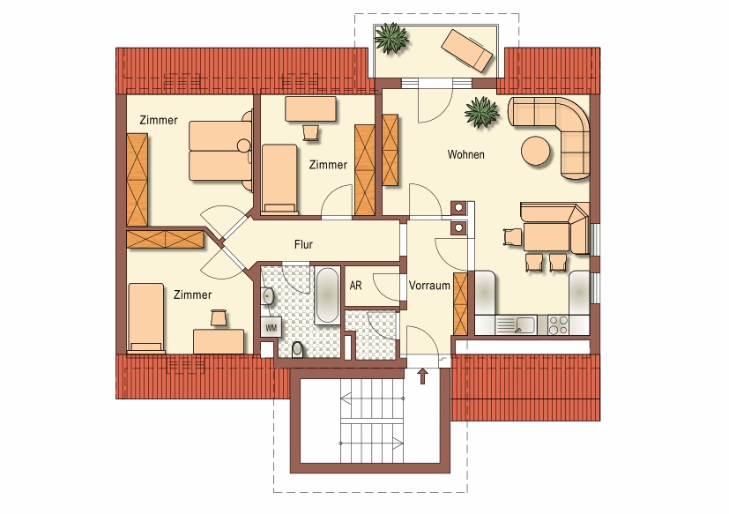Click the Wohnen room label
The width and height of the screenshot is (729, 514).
(x=465, y=154)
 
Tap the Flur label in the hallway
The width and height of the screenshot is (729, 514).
(x=303, y=244)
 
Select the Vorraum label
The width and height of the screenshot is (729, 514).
(x=429, y=285)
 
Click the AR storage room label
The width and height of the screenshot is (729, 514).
(x=355, y=285)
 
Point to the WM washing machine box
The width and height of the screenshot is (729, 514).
(x=271, y=327)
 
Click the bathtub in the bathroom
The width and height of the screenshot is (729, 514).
(x=327, y=296)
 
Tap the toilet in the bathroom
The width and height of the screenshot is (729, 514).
(x=298, y=349)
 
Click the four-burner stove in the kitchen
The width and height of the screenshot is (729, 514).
(x=558, y=324)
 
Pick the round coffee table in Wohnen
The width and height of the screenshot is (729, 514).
(x=536, y=150)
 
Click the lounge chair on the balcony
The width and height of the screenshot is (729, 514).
(x=466, y=51)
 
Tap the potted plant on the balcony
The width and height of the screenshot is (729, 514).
(x=391, y=38)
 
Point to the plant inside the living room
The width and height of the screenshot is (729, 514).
(x=481, y=112)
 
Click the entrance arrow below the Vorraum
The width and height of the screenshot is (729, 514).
(x=422, y=376)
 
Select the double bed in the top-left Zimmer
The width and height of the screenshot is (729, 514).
(x=220, y=150)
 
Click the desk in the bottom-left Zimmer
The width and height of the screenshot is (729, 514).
(x=219, y=341)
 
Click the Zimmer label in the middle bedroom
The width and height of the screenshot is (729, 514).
(x=328, y=165)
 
